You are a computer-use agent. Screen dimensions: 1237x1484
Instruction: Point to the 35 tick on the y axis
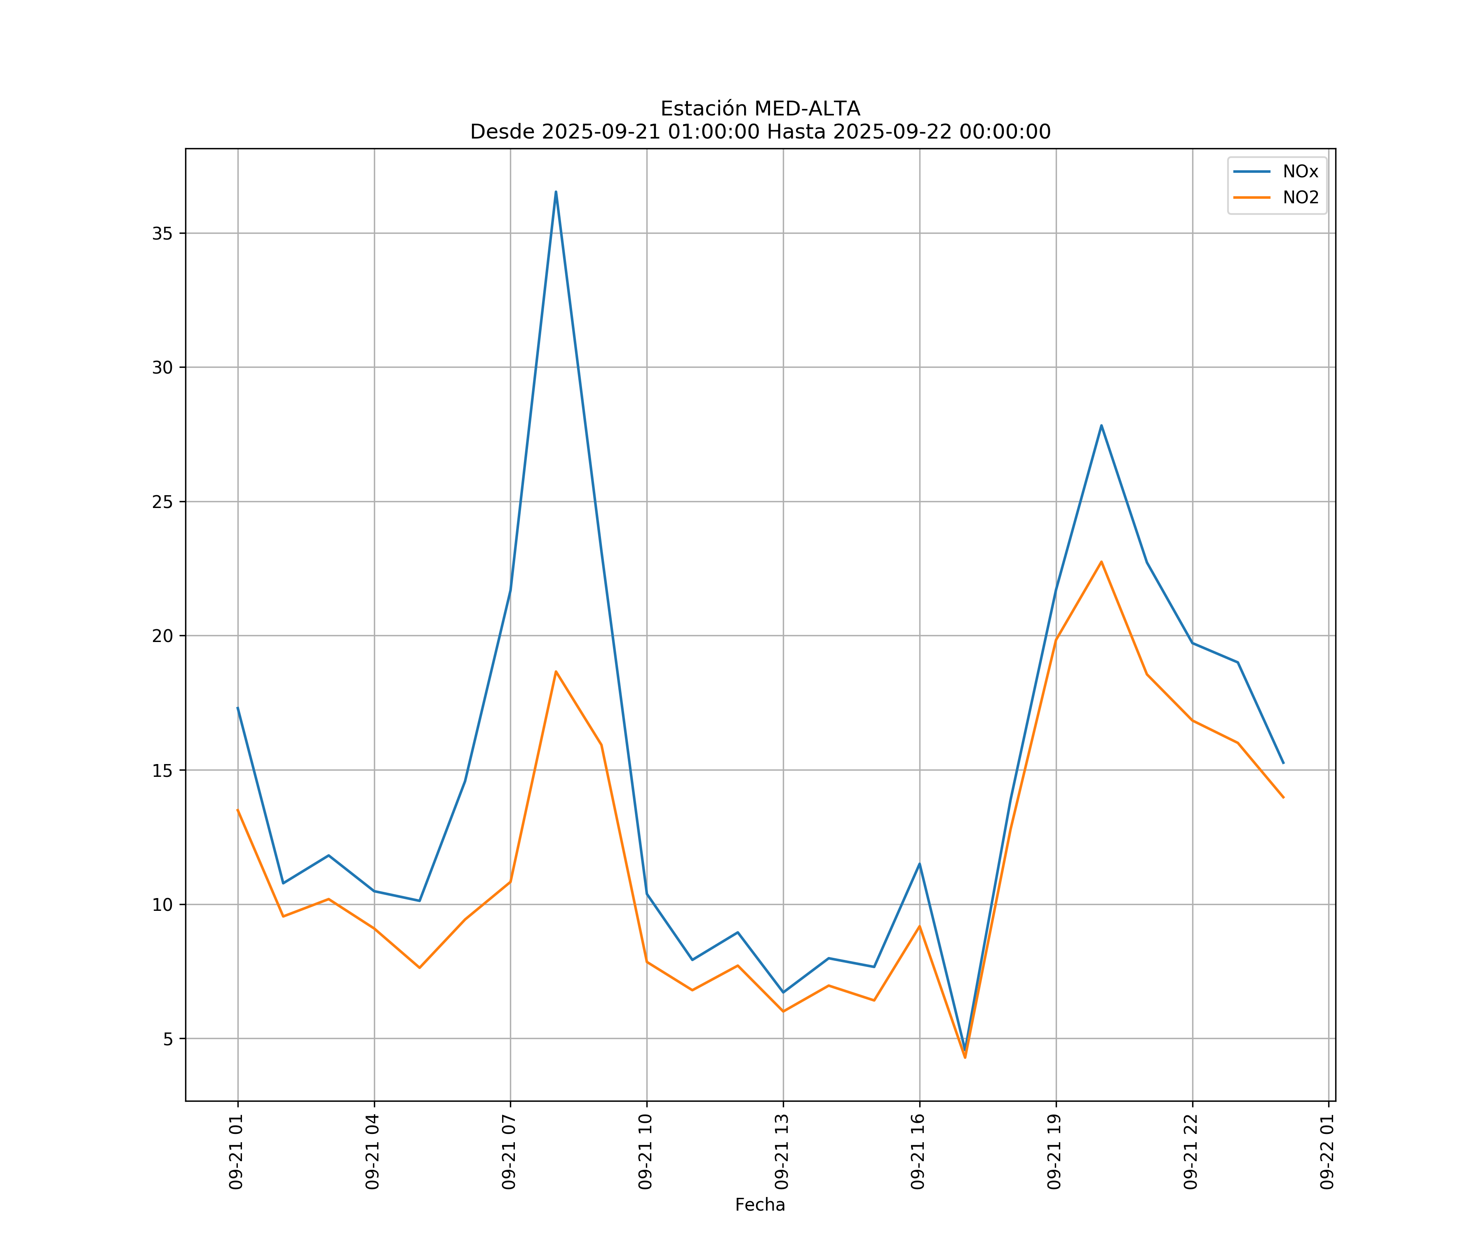[162, 233]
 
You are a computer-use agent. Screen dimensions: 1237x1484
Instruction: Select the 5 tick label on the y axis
[168, 1039]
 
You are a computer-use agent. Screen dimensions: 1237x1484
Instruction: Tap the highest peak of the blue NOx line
[556, 192]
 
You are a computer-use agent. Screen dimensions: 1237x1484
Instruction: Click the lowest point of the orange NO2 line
[965, 1058]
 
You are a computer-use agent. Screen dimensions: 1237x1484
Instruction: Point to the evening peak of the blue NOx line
[1101, 426]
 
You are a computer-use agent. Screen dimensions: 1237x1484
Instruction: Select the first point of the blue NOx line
[237, 708]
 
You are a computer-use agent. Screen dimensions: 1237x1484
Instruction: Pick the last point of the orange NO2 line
[1283, 797]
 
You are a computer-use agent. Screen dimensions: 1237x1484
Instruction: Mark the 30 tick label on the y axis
[162, 367]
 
